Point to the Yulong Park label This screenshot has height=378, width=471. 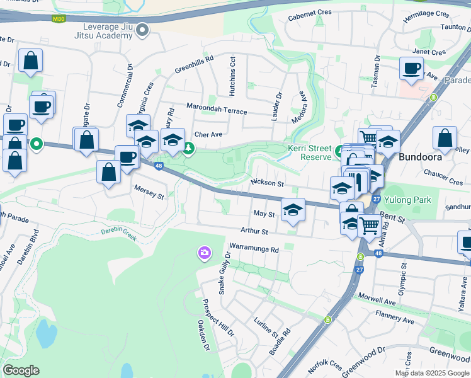407,200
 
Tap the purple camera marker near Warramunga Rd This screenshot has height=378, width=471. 204,253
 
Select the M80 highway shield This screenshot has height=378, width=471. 59,19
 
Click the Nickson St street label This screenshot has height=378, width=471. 268,183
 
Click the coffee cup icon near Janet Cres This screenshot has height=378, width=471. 411,68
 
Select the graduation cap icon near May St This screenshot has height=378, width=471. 293,210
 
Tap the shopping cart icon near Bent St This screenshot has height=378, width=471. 368,224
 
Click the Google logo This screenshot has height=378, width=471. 21,370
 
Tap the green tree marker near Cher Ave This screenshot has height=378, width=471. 188,149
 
